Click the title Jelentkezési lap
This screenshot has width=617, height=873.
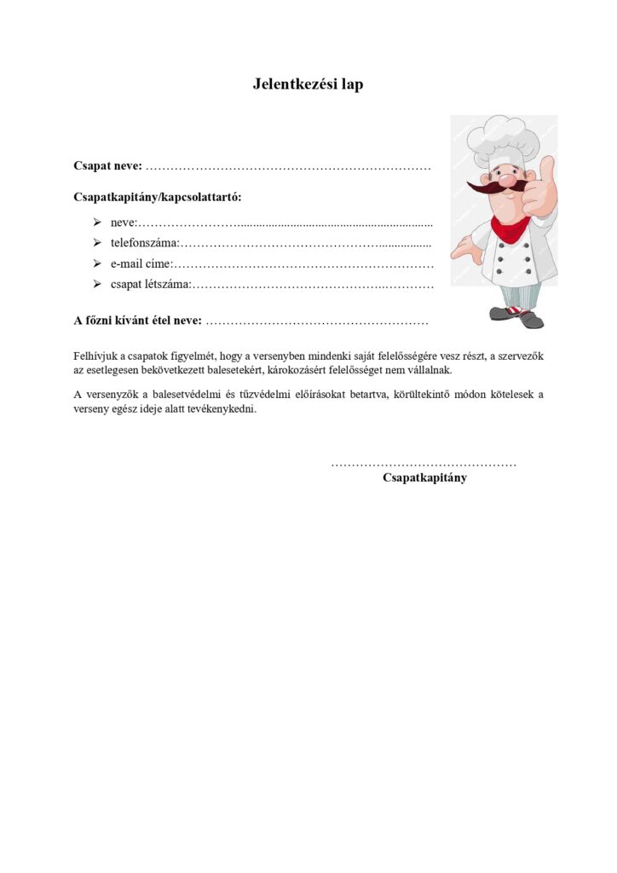[308, 84]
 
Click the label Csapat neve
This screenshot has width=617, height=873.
[107, 165]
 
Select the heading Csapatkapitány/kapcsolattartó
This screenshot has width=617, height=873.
[158, 197]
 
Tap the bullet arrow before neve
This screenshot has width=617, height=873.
[97, 223]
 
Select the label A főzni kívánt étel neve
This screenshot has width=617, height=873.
[138, 321]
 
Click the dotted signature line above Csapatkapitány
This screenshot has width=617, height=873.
[424, 464]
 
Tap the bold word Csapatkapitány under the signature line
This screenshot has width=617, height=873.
[424, 477]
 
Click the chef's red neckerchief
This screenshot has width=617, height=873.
[510, 227]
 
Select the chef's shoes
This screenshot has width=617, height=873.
[516, 317]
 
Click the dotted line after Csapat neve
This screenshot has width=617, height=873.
[288, 166]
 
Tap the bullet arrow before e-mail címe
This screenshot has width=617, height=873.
[97, 263]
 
